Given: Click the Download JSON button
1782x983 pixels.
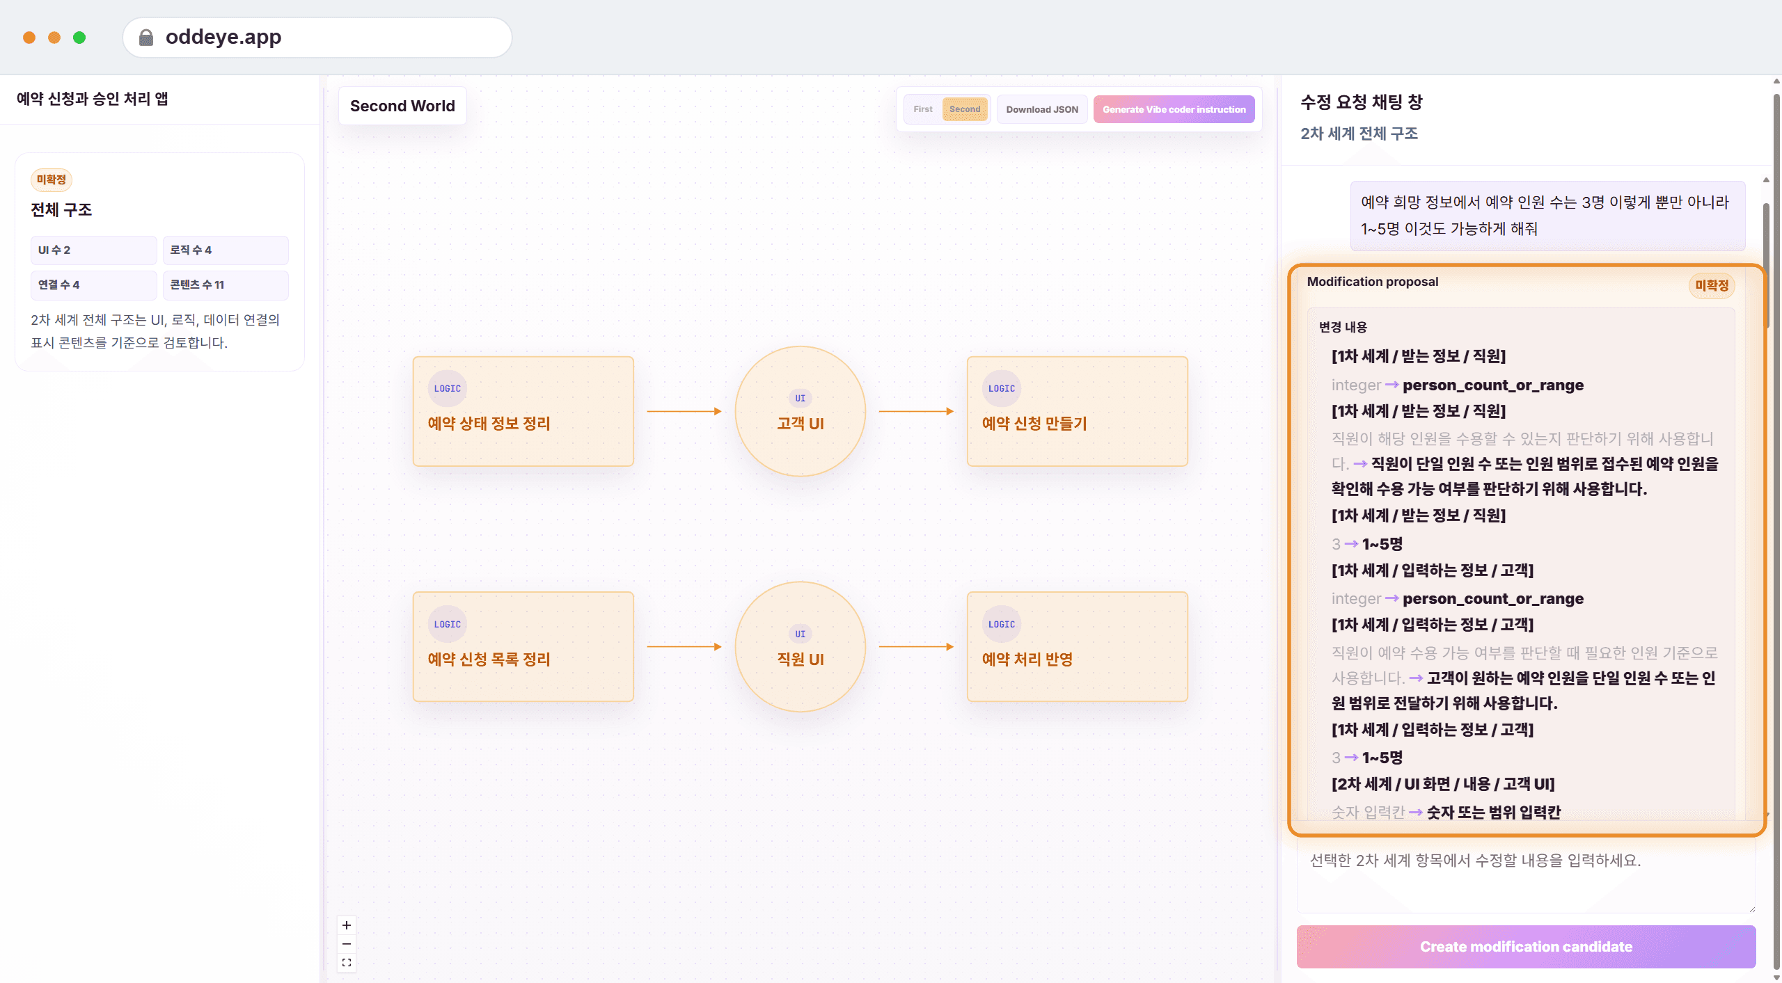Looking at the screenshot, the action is tap(1041, 109).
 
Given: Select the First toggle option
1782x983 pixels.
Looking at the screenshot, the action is tap(923, 109).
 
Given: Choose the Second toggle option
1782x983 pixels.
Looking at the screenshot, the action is tap(965, 109).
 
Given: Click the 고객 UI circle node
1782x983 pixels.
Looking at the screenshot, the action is tap(801, 411).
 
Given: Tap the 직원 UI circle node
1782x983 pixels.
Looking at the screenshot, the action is tap(801, 647).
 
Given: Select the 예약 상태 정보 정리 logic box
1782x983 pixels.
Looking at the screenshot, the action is tap(523, 411).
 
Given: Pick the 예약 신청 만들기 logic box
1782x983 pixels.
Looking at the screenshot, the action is tap(1078, 411).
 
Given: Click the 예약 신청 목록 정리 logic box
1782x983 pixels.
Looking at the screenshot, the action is tap(523, 647).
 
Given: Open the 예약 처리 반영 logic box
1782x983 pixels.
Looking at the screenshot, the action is tap(1078, 647).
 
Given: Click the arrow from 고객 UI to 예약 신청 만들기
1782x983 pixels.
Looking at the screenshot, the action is tap(916, 411).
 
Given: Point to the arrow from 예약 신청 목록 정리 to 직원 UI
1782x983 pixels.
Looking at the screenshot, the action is tap(684, 647).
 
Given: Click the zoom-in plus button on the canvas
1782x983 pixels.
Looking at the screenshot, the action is tap(347, 925).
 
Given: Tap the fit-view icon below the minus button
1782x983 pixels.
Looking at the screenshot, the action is tap(347, 963).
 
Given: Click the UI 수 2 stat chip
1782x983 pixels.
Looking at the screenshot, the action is tap(94, 250).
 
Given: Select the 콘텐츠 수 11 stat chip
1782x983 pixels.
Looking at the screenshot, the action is tap(226, 285).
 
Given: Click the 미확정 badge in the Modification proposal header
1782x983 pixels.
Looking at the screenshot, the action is tap(1712, 285).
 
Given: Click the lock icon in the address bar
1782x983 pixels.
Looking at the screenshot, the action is tap(146, 37).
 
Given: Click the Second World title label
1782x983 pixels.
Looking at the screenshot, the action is tap(402, 106).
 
